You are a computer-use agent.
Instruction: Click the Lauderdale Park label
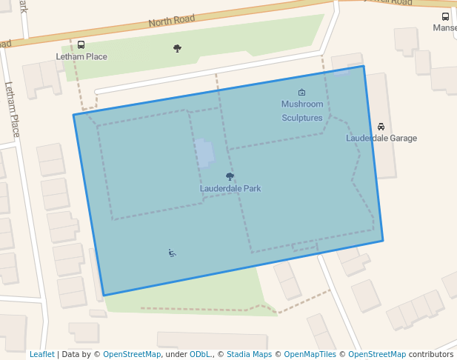230,189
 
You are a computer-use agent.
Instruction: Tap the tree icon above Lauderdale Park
230,177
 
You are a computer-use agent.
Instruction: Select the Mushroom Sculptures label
302,111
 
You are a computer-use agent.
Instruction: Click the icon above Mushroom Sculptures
301,93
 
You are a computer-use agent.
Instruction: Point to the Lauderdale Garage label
381,139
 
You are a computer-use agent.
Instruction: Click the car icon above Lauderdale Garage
381,127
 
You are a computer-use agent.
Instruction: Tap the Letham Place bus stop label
81,57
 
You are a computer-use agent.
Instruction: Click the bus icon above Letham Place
81,45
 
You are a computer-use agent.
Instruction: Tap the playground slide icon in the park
172,253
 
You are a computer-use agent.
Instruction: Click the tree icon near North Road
177,49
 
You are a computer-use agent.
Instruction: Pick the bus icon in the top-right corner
445,17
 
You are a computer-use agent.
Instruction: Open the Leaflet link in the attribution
42,355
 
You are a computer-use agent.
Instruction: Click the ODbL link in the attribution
200,355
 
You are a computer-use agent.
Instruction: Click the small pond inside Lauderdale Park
204,153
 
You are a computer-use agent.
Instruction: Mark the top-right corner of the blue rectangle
364,66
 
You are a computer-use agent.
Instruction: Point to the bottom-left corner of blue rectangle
104,296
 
